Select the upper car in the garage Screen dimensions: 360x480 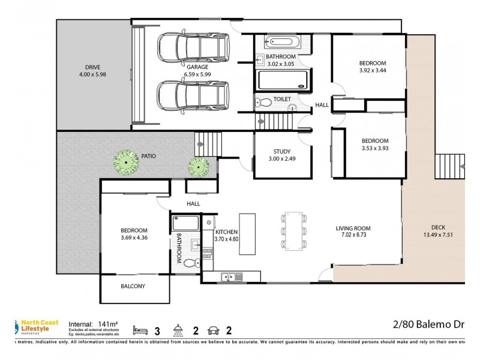pyautogui.click(x=193, y=46)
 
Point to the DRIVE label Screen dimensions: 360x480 pyautogui.click(x=92, y=67)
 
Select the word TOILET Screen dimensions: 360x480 pyautogui.click(x=283, y=99)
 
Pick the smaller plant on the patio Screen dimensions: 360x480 pyautogui.click(x=198, y=166)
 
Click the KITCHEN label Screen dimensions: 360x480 pyautogui.click(x=226, y=232)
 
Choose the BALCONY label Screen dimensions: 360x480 pyautogui.click(x=132, y=286)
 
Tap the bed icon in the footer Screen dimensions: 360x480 pyautogui.click(x=140, y=329)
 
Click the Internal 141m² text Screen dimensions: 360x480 pyautogui.click(x=95, y=322)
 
